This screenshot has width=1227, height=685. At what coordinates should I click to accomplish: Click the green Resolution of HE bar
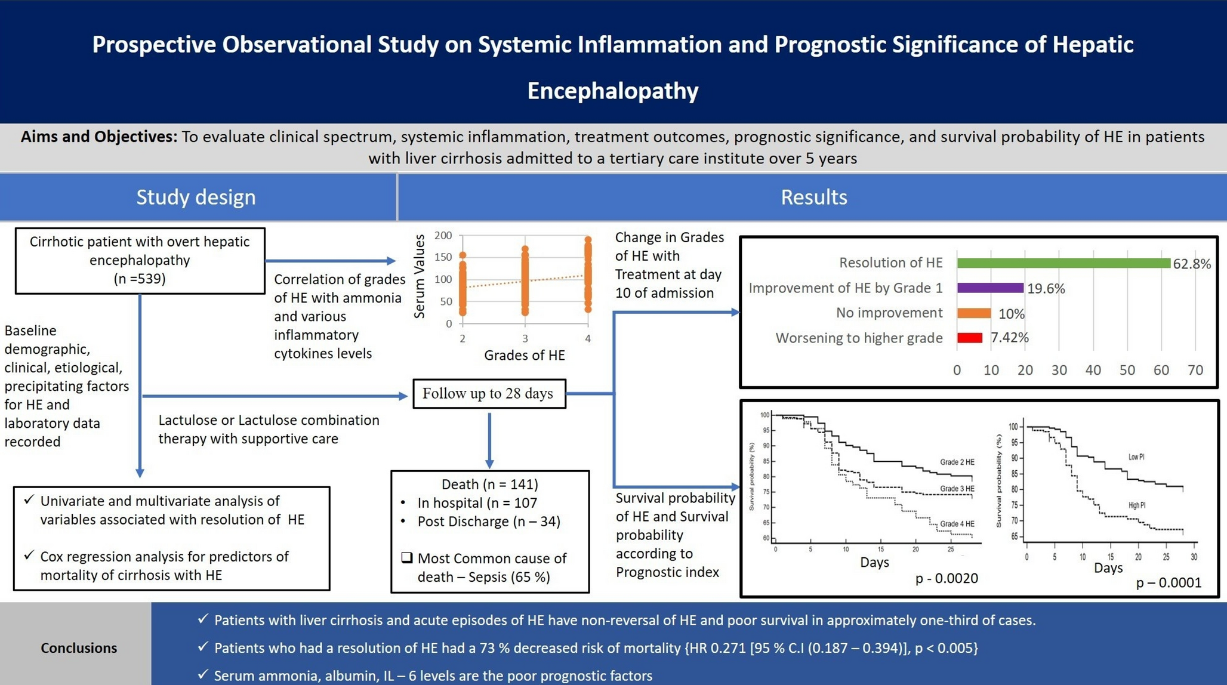(1063, 263)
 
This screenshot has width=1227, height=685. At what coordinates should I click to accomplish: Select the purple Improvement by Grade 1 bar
(990, 288)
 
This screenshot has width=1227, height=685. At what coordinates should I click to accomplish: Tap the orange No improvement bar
(973, 313)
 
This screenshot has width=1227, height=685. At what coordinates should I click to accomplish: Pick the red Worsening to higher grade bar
(969, 338)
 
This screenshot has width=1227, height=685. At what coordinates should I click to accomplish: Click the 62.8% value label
(1191, 264)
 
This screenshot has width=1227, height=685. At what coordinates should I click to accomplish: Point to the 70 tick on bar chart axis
(1195, 370)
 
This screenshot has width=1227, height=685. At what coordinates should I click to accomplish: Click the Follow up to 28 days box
(489, 394)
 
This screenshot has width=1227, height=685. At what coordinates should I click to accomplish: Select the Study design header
(196, 197)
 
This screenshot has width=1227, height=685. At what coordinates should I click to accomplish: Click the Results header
(813, 197)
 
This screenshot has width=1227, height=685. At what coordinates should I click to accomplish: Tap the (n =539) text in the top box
(140, 279)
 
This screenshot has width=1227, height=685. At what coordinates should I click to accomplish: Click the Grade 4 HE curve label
(957, 524)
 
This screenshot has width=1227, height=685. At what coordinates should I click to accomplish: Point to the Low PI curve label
(1136, 457)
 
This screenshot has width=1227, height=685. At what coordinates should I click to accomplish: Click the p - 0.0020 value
(947, 578)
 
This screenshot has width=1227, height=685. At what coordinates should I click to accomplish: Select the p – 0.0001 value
(1168, 583)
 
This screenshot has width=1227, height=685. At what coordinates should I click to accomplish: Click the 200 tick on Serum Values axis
(443, 236)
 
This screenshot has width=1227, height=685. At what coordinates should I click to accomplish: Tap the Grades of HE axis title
(524, 356)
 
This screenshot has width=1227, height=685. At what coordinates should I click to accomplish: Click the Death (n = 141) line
(489, 485)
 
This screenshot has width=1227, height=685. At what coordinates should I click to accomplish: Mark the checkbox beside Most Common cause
(407, 558)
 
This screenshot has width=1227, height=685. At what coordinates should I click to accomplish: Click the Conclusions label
(79, 648)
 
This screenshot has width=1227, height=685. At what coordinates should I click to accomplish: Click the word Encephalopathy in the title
(612, 91)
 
